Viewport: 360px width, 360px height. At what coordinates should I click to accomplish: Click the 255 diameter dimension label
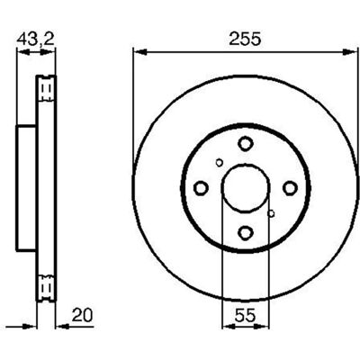[245, 40]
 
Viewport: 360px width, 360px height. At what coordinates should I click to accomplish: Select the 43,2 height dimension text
[35, 40]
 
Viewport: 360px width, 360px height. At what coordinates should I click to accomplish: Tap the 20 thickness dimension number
[83, 315]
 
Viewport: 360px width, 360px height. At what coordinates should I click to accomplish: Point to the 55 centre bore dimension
[246, 315]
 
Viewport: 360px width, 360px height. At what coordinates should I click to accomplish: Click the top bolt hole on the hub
[246, 143]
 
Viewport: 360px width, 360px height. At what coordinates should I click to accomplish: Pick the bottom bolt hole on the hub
[246, 232]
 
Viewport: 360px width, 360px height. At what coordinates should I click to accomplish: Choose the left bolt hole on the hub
[201, 188]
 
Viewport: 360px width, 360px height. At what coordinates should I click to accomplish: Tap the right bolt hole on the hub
[290, 188]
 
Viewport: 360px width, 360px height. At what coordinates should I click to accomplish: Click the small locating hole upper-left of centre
[220, 163]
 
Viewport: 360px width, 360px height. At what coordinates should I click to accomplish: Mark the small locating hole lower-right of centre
[271, 213]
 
